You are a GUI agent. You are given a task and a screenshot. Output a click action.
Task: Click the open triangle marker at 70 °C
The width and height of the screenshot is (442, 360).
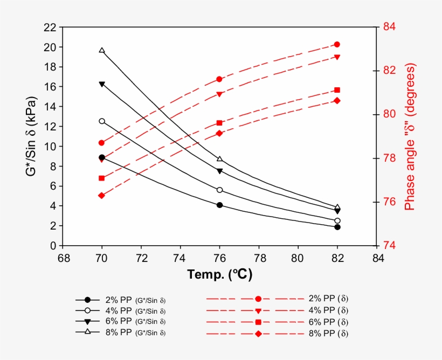coord(102,51)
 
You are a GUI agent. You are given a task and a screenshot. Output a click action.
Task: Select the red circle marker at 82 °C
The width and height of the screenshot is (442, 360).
coord(337,45)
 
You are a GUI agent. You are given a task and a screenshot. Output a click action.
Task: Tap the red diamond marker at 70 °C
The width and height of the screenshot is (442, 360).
coord(102,196)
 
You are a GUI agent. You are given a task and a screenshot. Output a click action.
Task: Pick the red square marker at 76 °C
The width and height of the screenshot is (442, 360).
coord(219,123)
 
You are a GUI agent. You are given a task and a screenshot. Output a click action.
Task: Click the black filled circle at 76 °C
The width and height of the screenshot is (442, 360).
coord(219,205)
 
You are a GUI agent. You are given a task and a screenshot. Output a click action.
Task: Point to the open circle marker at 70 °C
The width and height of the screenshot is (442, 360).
coord(102,121)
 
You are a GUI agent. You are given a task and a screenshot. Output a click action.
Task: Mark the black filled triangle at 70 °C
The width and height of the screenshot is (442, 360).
coord(102,85)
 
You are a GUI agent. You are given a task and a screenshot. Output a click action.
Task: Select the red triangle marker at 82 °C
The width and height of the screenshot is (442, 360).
coord(337,57)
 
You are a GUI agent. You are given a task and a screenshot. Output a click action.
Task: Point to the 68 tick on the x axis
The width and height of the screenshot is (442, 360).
coord(64,258)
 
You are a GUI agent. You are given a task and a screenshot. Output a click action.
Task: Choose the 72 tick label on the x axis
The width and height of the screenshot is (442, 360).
coord(141,258)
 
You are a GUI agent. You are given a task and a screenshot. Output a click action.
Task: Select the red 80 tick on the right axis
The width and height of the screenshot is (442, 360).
coord(389,114)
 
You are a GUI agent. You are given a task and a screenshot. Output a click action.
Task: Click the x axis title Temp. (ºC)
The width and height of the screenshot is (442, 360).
coord(220,274)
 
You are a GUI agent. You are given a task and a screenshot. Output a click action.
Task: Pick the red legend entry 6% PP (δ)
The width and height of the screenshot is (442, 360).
coord(328,322)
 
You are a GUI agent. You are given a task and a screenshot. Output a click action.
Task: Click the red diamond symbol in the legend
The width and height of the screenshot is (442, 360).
coord(258,334)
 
